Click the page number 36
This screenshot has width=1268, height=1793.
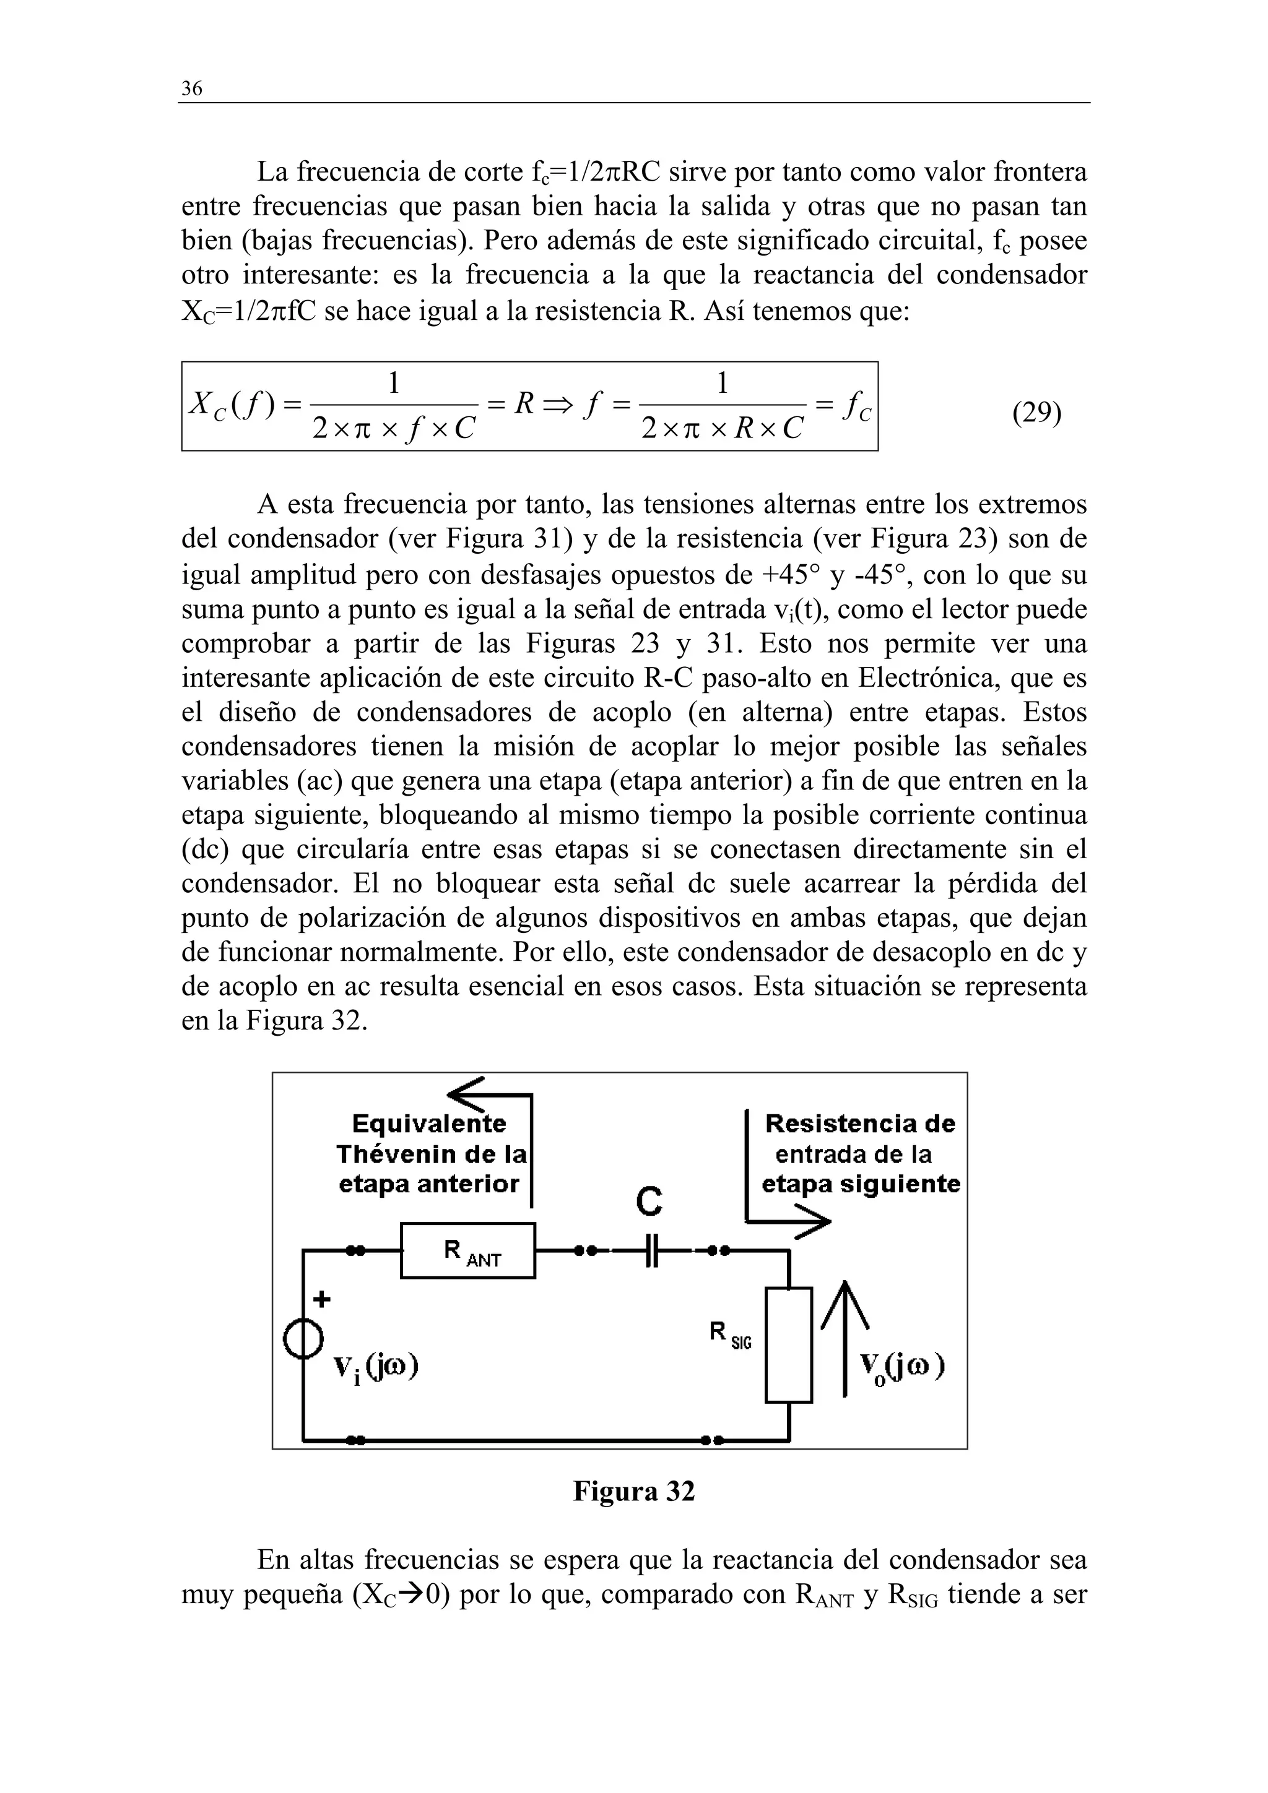[x=191, y=89]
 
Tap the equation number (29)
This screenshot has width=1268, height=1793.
[x=1036, y=411]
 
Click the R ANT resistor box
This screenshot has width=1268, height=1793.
[x=468, y=1250]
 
